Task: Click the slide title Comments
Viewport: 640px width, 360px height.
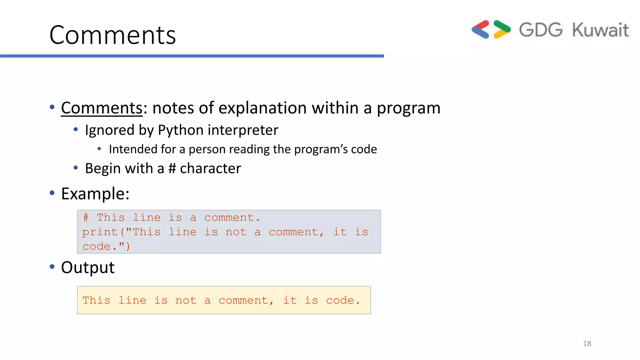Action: [x=112, y=35]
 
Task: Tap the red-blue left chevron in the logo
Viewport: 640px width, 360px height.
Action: [x=481, y=29]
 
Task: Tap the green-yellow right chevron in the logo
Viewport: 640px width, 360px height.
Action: [x=502, y=29]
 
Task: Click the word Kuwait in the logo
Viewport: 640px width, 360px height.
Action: [x=600, y=30]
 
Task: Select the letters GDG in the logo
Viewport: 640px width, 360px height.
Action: [x=541, y=30]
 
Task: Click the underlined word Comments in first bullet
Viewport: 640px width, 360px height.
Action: [x=102, y=108]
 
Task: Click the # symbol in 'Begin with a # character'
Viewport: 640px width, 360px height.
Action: [x=172, y=168]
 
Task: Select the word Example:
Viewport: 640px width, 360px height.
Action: [x=95, y=194]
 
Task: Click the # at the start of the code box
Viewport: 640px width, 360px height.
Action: [x=86, y=217]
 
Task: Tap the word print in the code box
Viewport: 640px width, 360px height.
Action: [x=100, y=232]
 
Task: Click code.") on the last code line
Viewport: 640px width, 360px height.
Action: [x=106, y=246]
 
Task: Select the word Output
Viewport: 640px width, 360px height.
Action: [x=88, y=267]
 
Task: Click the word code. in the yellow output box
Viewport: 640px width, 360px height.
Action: [x=343, y=300]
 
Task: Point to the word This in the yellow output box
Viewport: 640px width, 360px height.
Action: [x=96, y=300]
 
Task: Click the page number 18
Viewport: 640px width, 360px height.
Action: [x=587, y=343]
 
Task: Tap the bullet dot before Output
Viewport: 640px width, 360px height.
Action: [x=52, y=267]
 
